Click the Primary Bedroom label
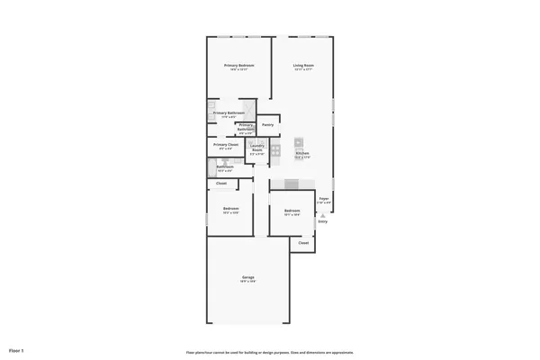tap(239, 66)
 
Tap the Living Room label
tap(303, 66)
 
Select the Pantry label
tap(267, 124)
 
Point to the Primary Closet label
tap(226, 144)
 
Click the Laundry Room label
tap(257, 149)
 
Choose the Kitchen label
tap(302, 154)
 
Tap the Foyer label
tap(324, 200)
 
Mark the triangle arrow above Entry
tap(322, 215)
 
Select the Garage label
tap(247, 276)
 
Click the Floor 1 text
tap(16, 349)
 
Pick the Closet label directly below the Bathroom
tap(221, 184)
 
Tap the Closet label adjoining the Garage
tap(303, 243)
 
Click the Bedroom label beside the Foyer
tap(292, 211)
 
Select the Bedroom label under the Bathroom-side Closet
tap(230, 209)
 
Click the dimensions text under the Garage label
tap(247, 282)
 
